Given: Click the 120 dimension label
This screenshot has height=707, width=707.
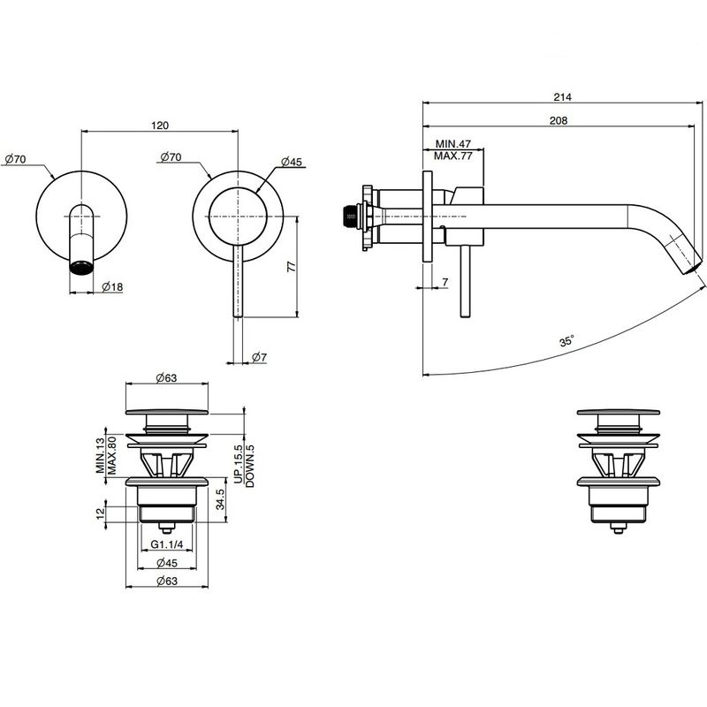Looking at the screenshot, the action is [x=160, y=125].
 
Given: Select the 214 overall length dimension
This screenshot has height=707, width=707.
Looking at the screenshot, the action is [x=562, y=96].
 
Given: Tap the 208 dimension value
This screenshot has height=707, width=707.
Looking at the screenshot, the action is [x=559, y=120].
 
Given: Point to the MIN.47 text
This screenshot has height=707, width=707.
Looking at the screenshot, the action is [x=452, y=144].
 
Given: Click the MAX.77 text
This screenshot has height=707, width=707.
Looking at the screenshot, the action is [x=452, y=156].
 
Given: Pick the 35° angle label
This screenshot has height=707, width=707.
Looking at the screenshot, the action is [x=566, y=341].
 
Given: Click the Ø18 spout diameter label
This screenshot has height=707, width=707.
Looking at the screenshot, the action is [x=112, y=286].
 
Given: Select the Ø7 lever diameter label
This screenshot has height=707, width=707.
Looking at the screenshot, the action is [x=259, y=358].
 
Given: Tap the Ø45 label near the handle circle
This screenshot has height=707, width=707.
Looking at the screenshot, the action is [x=292, y=162].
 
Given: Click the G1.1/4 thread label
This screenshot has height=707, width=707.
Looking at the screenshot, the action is [x=167, y=544].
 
